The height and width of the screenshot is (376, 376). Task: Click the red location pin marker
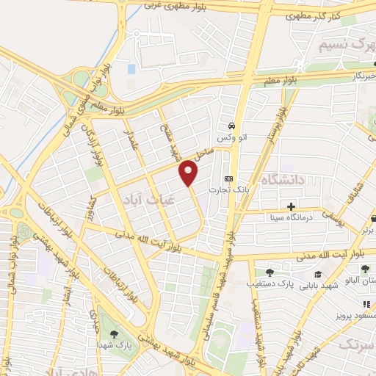[x=189, y=173]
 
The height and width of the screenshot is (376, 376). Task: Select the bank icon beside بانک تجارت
[x=228, y=179]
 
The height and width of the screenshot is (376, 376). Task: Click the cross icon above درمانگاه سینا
[x=292, y=206]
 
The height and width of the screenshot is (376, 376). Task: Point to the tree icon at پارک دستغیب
[x=270, y=273]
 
